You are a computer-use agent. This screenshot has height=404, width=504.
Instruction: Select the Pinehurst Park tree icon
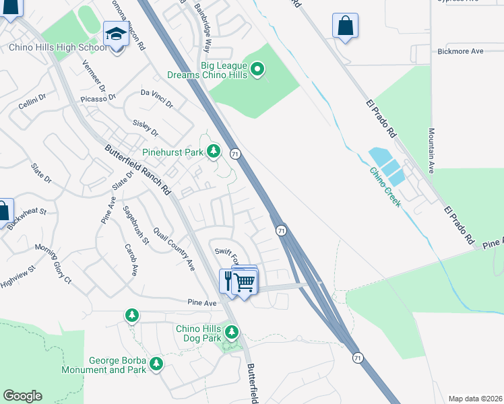tap(214, 151)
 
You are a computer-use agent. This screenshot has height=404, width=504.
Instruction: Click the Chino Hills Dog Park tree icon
tap(232, 332)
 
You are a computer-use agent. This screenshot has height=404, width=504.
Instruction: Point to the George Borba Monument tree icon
tap(156, 364)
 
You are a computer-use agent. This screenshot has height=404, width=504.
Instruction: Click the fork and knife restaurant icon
tap(228, 279)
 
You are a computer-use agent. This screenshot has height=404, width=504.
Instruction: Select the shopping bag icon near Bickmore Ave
tap(345, 26)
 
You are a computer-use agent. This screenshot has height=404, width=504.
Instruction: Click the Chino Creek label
tap(385, 188)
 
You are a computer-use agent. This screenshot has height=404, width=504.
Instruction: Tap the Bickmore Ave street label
tap(460, 51)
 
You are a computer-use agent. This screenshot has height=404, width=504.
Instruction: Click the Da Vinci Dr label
tap(156, 98)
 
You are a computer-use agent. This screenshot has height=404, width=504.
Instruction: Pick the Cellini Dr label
tap(32, 102)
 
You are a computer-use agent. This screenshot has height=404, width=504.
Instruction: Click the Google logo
tap(22, 396)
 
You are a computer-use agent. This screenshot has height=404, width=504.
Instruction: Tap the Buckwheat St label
tap(29, 219)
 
